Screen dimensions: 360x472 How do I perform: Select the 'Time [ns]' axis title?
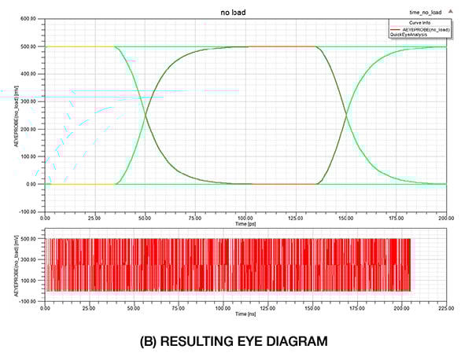pos(245,314)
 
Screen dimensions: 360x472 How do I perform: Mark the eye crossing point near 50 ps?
pos(146,116)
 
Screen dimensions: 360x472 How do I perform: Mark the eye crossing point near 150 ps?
pos(346,116)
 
